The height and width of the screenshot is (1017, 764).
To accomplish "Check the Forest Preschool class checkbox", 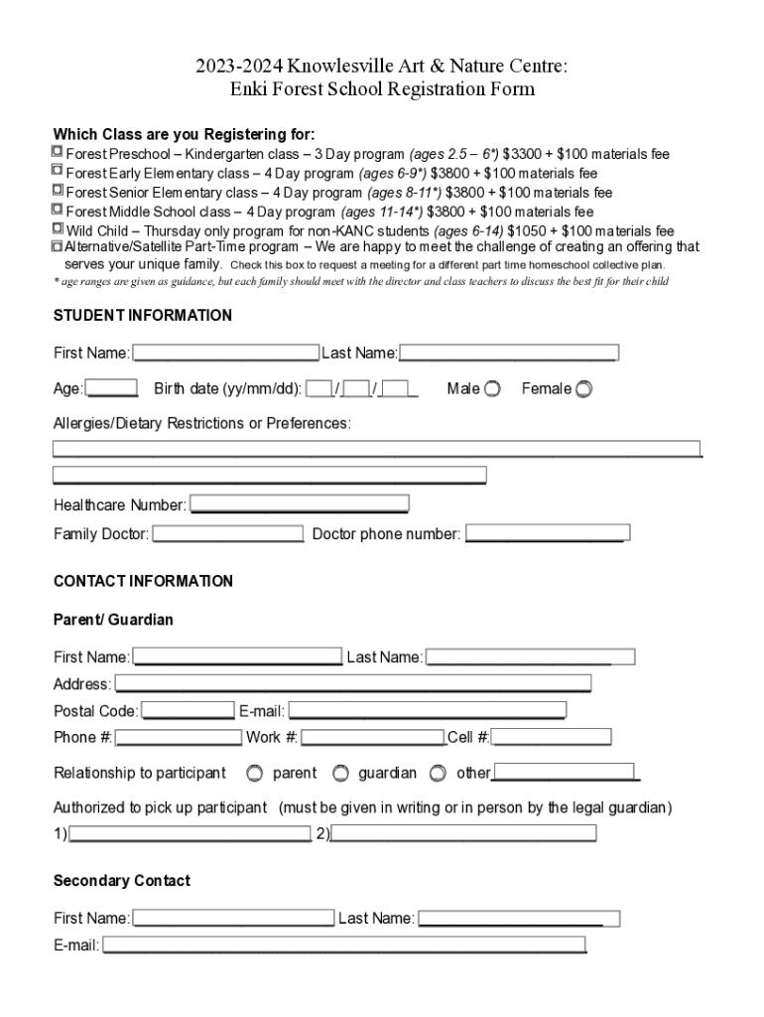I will [x=58, y=153].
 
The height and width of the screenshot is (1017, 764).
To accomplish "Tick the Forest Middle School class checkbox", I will [x=58, y=210].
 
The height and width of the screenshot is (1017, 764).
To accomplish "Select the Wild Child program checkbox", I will [x=58, y=228].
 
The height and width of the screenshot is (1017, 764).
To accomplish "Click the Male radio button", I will [x=492, y=388].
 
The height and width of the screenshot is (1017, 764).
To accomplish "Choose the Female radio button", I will [x=583, y=388].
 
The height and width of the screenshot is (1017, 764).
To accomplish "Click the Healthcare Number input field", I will [x=299, y=505].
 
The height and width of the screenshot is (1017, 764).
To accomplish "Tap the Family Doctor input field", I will [x=227, y=534].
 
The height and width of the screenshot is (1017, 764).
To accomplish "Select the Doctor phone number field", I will [x=547, y=534].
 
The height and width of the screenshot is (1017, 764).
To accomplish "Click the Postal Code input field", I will [x=188, y=711].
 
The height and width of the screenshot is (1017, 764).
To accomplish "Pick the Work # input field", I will [x=372, y=737].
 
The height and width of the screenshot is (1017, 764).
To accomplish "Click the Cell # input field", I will [x=552, y=737].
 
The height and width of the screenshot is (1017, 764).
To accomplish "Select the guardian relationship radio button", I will [x=340, y=773].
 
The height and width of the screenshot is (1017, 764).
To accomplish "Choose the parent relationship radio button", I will [x=255, y=773].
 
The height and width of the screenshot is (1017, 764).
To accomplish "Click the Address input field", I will [x=352, y=683].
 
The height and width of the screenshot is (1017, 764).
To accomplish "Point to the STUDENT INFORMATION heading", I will [x=142, y=316].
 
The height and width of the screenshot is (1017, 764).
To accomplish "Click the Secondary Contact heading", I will [x=121, y=881].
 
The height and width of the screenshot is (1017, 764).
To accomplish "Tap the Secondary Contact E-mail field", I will [x=343, y=944].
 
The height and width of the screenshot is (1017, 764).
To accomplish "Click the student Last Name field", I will [x=508, y=353].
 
